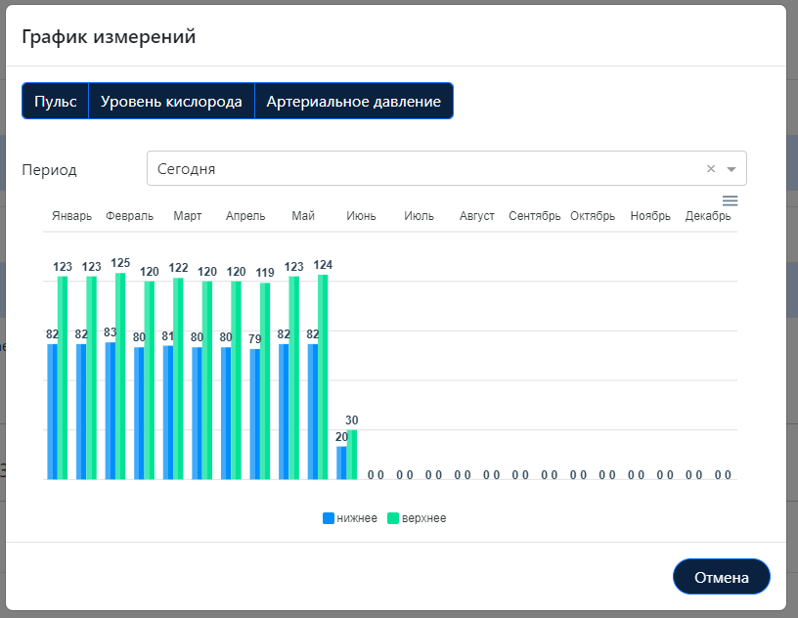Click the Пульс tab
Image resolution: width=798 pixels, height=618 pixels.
56,102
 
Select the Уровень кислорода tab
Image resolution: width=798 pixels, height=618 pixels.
171,102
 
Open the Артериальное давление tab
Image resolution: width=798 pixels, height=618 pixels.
353,102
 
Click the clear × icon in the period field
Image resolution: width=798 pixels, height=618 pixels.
711,168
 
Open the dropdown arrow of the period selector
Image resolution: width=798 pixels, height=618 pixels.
731,168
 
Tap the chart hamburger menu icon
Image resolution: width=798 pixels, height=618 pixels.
730,200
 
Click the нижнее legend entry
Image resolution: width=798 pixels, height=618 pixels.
349,518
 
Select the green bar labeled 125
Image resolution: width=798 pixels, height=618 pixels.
120,375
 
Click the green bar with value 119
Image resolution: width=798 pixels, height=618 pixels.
265,380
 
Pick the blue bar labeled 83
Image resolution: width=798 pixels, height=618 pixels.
111,411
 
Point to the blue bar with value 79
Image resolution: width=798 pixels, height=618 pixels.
255,414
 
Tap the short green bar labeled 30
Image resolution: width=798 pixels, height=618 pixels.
352,455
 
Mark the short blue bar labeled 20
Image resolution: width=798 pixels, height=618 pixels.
341,463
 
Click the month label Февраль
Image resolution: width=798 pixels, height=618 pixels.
129,216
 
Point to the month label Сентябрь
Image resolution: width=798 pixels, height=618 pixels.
534,216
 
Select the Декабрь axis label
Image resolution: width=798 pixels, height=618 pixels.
708,216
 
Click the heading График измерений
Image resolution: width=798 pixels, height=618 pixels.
109,37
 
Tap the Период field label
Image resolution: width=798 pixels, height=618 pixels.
49,169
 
